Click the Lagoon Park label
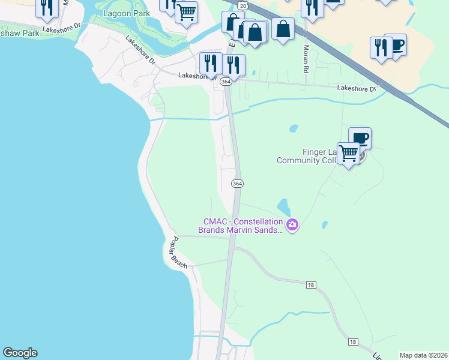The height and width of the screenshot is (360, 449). [126, 13]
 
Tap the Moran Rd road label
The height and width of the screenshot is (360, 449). [306, 59]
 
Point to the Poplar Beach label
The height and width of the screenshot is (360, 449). [179, 252]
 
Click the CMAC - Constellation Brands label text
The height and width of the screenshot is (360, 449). [240, 226]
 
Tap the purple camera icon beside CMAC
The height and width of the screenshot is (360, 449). [292, 226]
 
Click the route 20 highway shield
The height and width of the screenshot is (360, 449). [241, 4]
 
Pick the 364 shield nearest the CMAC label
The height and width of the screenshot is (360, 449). [237, 183]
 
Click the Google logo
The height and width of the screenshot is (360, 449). [20, 353]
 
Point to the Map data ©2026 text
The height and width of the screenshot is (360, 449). [423, 355]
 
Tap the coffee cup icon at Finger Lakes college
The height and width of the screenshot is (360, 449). [360, 137]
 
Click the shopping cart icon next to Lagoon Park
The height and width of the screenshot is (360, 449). [187, 11]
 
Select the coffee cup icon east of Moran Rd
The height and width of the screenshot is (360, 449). [395, 44]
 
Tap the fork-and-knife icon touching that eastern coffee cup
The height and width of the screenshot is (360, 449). [381, 47]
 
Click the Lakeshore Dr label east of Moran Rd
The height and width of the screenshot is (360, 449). [357, 88]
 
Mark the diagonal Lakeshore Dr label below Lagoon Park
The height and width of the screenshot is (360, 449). [140, 49]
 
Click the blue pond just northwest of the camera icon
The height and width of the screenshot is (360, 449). [283, 208]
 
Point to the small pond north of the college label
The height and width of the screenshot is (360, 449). [294, 128]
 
